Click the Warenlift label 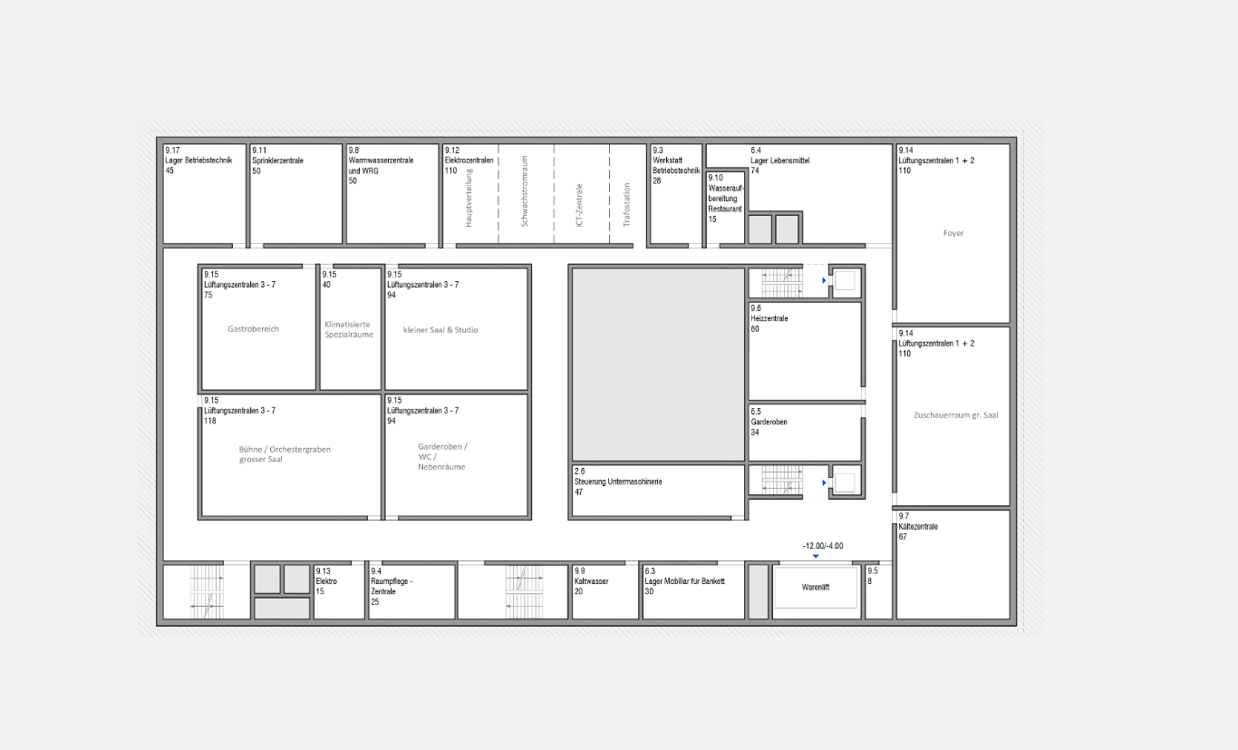[x=815, y=588]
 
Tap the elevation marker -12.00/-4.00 [x=823, y=546]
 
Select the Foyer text [x=953, y=233]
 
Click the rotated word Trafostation [x=627, y=205]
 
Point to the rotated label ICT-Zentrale [x=579, y=205]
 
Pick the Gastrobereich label [x=253, y=329]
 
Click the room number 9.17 [x=172, y=151]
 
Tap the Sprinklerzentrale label [x=277, y=161]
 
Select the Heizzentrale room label [x=769, y=318]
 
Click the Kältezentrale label [x=918, y=527]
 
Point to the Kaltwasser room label [x=592, y=581]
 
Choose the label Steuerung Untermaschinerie [x=618, y=482]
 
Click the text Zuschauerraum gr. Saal [x=955, y=415]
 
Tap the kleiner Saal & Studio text [x=440, y=330]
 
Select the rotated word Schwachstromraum [x=525, y=191]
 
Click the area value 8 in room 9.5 [x=870, y=581]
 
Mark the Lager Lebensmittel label [x=779, y=161]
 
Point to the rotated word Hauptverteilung [x=469, y=198]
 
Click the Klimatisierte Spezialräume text [x=349, y=329]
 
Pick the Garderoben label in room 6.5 [x=769, y=422]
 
